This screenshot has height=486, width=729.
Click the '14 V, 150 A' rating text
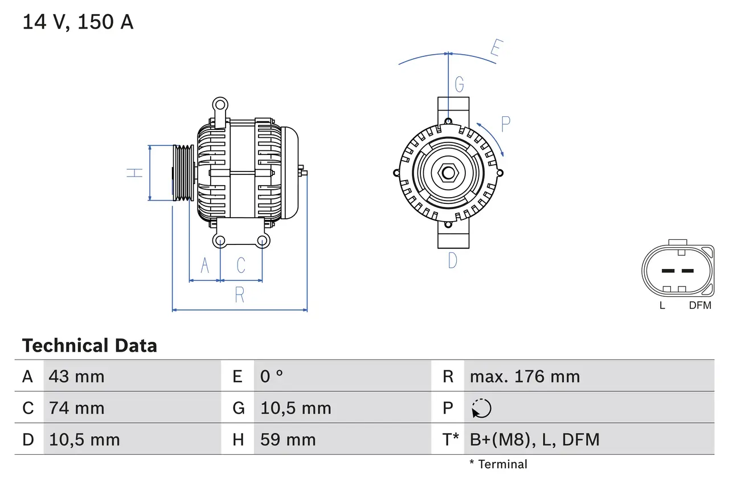pyautogui.click(x=78, y=22)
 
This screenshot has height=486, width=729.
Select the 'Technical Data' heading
pyautogui.click(x=89, y=345)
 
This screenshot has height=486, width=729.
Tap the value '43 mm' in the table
pyautogui.click(x=76, y=376)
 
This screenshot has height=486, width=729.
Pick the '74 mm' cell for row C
pyautogui.click(x=76, y=408)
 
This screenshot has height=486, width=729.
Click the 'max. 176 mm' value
pyautogui.click(x=525, y=376)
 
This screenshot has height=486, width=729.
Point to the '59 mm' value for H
pyautogui.click(x=288, y=439)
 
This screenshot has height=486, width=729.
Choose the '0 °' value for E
pyautogui.click(x=272, y=376)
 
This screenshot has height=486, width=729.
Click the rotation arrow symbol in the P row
pyautogui.click(x=481, y=408)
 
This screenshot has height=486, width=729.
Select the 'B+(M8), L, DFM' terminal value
pyautogui.click(x=534, y=439)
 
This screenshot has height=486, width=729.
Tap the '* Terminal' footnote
pyautogui.click(x=498, y=464)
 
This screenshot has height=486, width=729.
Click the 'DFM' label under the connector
pyautogui.click(x=700, y=305)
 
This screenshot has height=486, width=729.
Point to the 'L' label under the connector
pyautogui.click(x=662, y=305)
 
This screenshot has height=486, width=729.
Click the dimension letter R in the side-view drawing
pyautogui.click(x=240, y=295)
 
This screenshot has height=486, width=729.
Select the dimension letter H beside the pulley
pyautogui.click(x=135, y=172)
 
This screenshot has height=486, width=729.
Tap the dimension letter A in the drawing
pyautogui.click(x=204, y=265)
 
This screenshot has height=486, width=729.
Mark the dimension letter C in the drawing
pyautogui.click(x=241, y=265)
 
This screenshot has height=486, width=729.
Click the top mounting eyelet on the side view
pyautogui.click(x=220, y=104)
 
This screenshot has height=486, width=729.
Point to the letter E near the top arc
pyautogui.click(x=495, y=50)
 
